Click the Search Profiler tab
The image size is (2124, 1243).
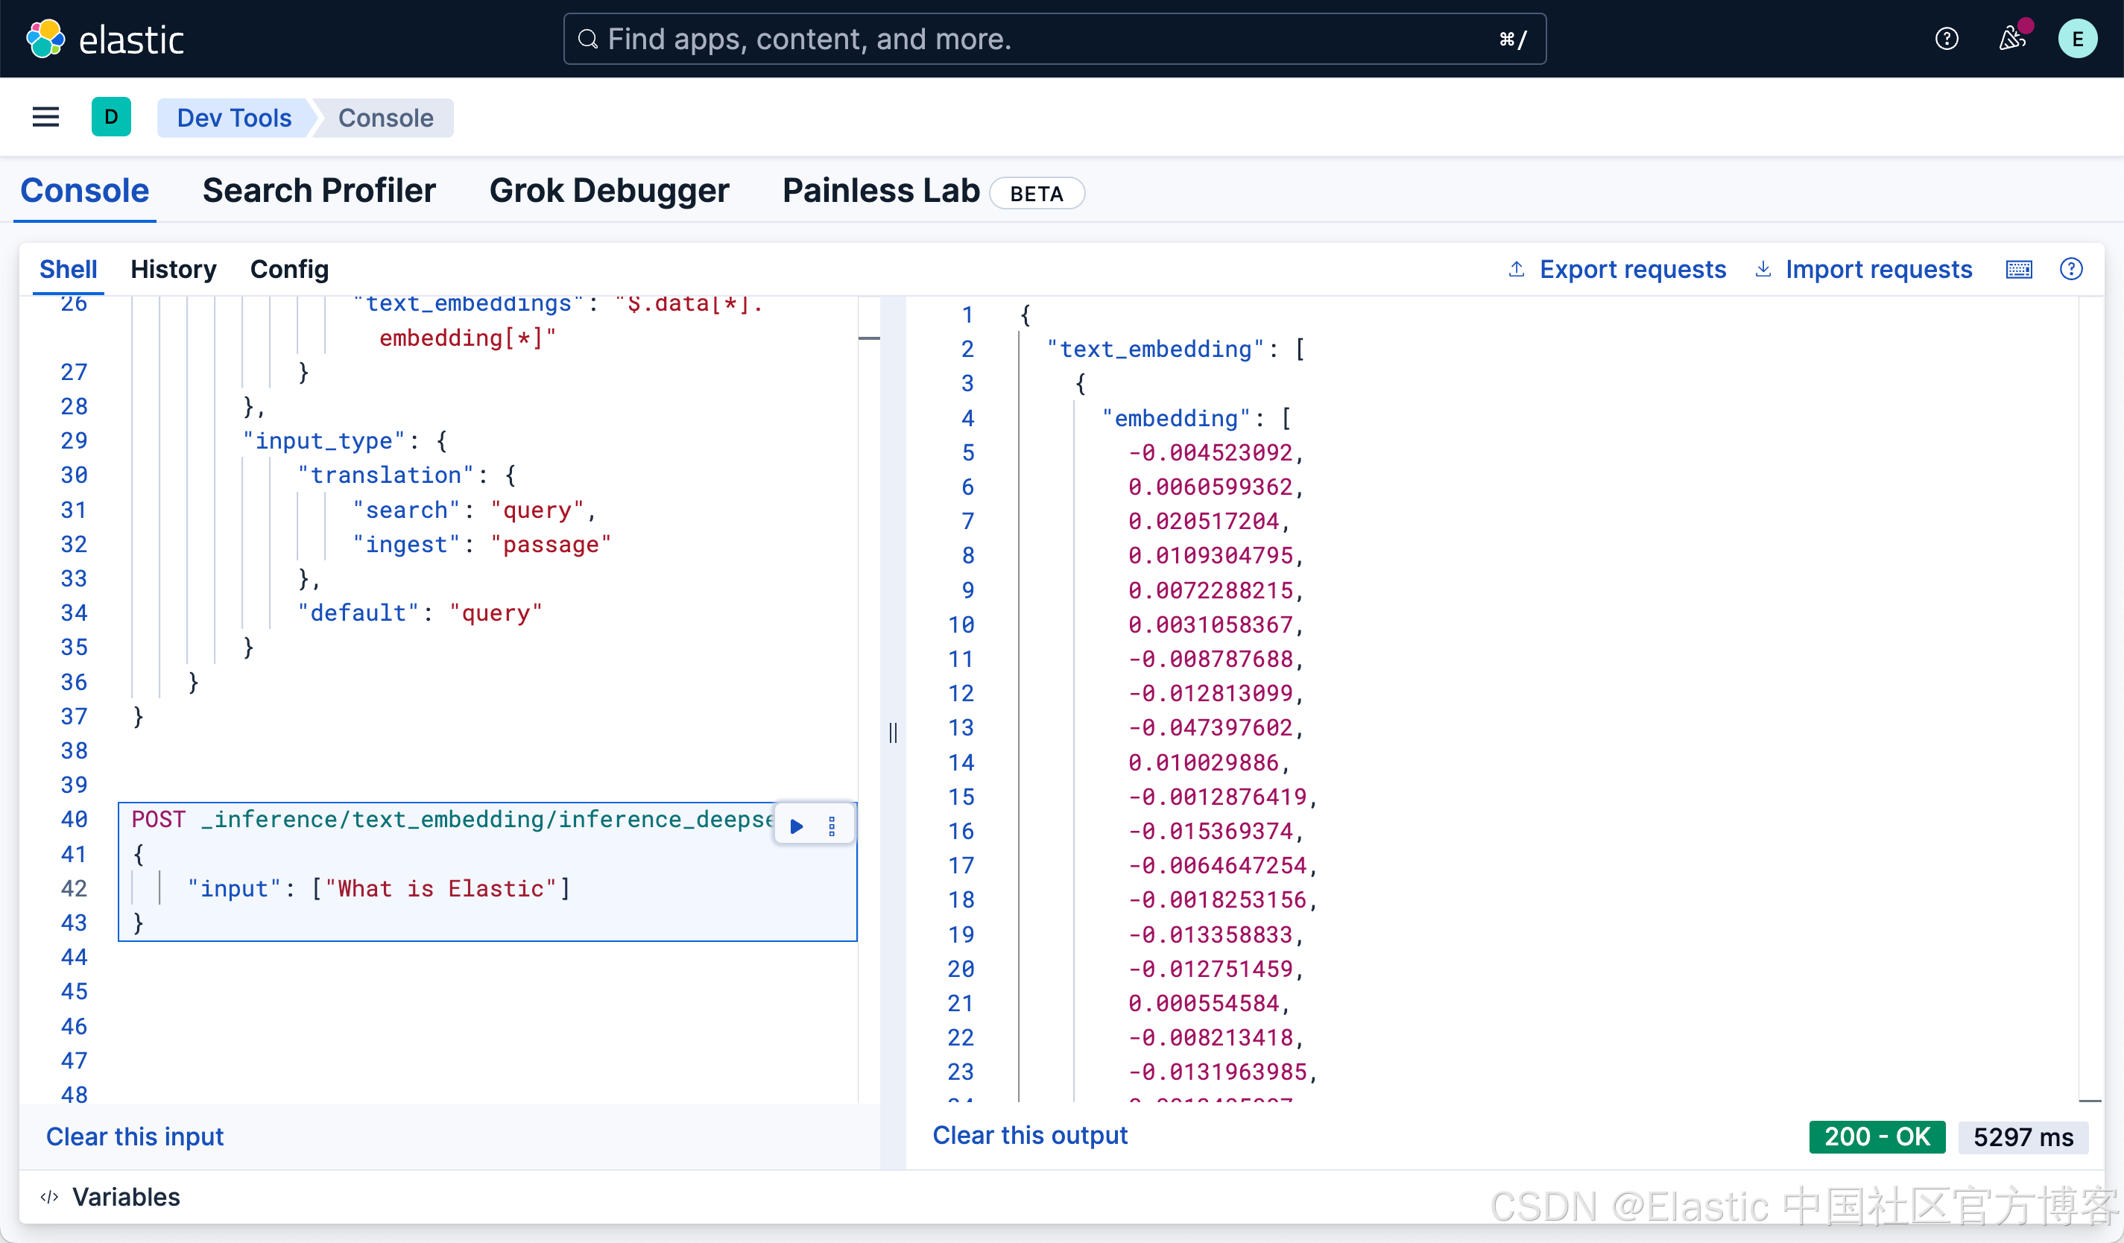click(319, 192)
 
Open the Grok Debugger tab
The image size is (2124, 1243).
click(609, 192)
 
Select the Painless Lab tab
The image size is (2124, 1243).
click(881, 192)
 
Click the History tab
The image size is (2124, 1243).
click(173, 270)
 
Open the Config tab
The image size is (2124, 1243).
click(289, 270)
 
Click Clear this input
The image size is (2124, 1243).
click(135, 1137)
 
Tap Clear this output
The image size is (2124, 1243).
click(1029, 1135)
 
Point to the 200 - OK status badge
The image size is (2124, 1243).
click(1877, 1137)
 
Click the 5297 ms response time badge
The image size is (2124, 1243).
click(2022, 1137)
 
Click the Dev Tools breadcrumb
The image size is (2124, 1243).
click(234, 118)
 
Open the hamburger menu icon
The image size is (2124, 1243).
click(45, 117)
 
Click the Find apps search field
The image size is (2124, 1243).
click(1054, 39)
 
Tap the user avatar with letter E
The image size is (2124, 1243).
click(2077, 39)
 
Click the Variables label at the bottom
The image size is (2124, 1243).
click(126, 1197)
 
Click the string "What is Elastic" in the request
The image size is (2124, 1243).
click(440, 889)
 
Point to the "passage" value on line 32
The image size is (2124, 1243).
click(551, 545)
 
